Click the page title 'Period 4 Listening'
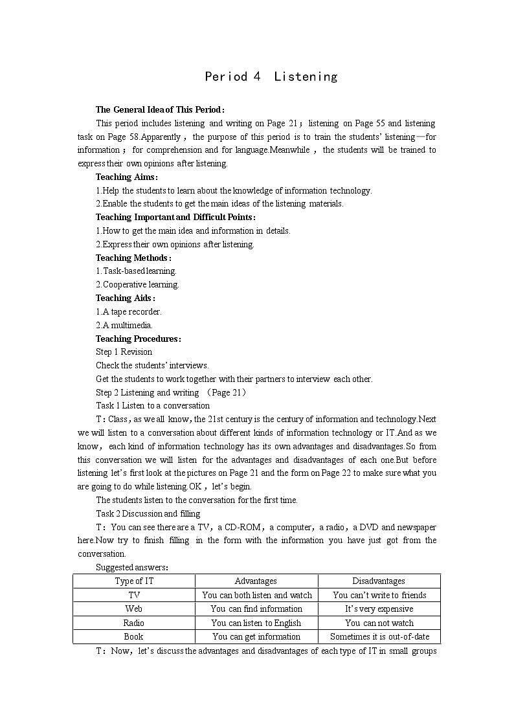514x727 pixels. [x=271, y=76]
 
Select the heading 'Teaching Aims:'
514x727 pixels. [x=127, y=177]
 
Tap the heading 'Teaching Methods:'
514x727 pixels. [x=133, y=258]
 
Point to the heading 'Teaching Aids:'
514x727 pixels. [x=126, y=298]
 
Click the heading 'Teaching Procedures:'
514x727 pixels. [x=138, y=339]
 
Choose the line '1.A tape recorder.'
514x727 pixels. [x=129, y=311]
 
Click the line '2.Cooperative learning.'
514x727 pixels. [x=137, y=284]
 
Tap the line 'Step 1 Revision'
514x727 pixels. [x=124, y=352]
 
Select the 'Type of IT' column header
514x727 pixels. [x=134, y=581]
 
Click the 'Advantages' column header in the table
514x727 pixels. [x=256, y=581]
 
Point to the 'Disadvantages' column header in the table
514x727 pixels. [x=379, y=581]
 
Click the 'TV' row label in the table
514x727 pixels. [x=134, y=595]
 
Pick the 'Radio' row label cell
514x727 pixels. [x=134, y=623]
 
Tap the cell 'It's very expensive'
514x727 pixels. [x=379, y=609]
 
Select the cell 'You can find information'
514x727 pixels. [x=256, y=609]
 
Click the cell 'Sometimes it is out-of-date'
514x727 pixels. [x=379, y=636]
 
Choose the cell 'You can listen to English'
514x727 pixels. [x=256, y=623]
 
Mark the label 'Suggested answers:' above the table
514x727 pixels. [x=132, y=567]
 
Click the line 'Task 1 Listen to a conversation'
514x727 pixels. [x=153, y=405]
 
